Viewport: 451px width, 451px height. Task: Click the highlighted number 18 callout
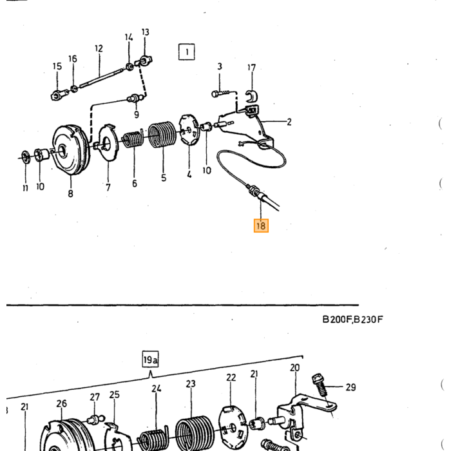tap(261, 225)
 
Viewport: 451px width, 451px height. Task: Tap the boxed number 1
tap(186, 52)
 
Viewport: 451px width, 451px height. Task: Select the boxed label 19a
tap(150, 360)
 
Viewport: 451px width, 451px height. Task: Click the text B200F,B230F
tap(352, 320)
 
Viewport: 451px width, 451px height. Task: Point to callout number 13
tap(145, 32)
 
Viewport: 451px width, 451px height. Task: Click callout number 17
tap(251, 68)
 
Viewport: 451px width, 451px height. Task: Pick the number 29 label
tap(350, 387)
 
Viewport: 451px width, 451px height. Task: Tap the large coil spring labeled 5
tap(162, 135)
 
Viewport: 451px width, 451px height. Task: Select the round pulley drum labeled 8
tap(70, 149)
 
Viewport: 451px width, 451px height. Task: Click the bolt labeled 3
tap(220, 93)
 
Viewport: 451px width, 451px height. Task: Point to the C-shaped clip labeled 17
tap(252, 95)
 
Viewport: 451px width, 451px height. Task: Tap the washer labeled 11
tap(26, 157)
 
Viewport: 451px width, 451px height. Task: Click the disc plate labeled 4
tap(189, 130)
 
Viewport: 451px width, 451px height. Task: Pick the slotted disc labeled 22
tap(233, 426)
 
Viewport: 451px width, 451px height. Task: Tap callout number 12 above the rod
tap(99, 48)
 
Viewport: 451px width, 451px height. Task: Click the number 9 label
tap(137, 115)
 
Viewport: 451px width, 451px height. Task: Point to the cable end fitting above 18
tap(255, 191)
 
